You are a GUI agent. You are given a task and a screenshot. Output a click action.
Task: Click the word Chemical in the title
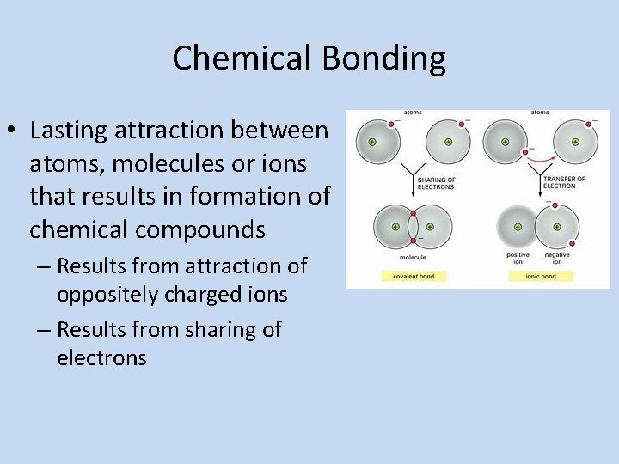pos(242,58)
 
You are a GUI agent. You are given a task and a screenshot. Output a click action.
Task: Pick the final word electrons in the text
pos(101,357)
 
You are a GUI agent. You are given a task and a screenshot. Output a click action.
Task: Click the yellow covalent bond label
pos(412,276)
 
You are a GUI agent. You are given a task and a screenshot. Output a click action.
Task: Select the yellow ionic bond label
pos(539,276)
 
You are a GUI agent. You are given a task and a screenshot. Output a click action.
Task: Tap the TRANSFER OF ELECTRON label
pos(564,182)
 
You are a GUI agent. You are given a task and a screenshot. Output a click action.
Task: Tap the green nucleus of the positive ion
pos(518,227)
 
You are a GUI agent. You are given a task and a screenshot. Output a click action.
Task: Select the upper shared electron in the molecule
pos(414,212)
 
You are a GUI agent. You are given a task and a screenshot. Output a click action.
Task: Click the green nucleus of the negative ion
pos(559,227)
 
